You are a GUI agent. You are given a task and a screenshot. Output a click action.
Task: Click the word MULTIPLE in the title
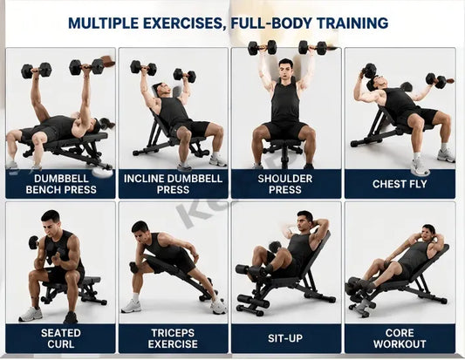pos(103,24)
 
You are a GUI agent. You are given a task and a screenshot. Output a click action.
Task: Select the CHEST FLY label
pos(400,184)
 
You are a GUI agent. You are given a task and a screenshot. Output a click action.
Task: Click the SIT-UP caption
pos(285,338)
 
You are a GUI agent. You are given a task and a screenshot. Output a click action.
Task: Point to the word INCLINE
pos(144,179)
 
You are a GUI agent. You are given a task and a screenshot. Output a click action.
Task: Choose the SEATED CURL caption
pos(61,338)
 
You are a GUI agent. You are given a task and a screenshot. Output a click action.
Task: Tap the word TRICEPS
pos(173,333)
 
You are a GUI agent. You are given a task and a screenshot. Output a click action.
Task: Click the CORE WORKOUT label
pos(400,338)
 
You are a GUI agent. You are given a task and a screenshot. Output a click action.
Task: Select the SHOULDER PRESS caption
pos(285,184)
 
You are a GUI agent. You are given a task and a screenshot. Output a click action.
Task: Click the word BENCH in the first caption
pos(44,190)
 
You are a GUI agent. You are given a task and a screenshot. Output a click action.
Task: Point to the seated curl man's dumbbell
pos(33,242)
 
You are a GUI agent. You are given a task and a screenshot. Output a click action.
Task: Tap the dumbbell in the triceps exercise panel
pos(133,267)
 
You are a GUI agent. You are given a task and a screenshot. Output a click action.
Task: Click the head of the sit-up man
pos(304,221)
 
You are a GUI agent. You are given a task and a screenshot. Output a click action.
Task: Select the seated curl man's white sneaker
pos(31,314)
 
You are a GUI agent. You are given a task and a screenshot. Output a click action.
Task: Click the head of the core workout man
pos(428,233)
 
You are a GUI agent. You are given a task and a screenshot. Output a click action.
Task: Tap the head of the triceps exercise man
pos(140,230)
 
